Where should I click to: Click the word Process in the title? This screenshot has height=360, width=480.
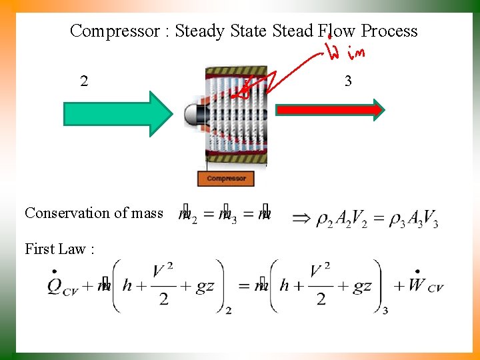[x=389, y=31]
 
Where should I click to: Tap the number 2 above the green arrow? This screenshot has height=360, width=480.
[x=83, y=82]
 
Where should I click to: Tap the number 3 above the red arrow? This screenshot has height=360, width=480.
[x=348, y=82]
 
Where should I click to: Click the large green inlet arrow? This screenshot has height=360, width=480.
[x=117, y=113]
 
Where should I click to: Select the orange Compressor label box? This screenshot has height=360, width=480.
[x=226, y=178]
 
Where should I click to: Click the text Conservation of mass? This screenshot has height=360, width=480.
[x=94, y=213]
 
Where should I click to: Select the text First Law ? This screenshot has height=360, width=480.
[x=59, y=249]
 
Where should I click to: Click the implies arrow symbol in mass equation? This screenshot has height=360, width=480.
[x=303, y=217]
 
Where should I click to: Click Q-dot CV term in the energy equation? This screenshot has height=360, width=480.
[x=62, y=285]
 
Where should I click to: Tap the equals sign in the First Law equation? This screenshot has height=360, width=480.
[x=243, y=286]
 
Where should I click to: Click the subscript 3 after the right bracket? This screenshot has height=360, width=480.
[x=385, y=310]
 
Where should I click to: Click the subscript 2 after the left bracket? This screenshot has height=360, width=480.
[x=228, y=310]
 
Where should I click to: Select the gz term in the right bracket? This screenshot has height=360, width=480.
[x=362, y=286]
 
